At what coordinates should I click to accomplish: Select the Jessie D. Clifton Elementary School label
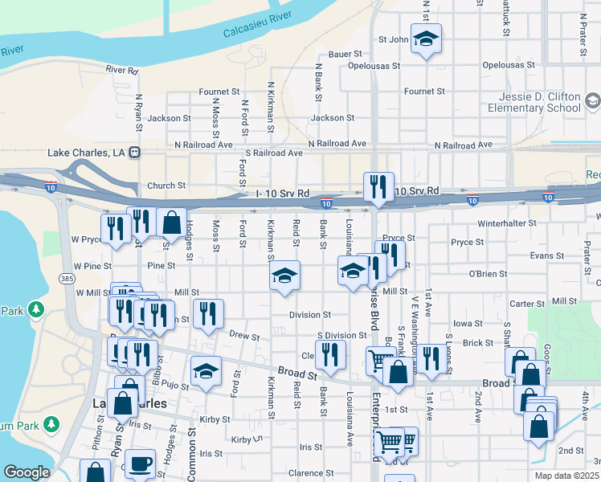point(539,102)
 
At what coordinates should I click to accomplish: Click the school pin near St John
point(425,39)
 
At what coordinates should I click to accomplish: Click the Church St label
point(166,186)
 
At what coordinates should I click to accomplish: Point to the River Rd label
point(122,71)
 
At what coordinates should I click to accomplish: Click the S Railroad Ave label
point(273,153)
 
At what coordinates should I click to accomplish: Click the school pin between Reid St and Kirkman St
point(284,276)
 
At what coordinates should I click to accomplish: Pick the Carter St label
point(527,304)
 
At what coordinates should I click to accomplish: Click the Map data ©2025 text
point(566,476)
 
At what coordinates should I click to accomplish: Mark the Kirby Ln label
point(247,439)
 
